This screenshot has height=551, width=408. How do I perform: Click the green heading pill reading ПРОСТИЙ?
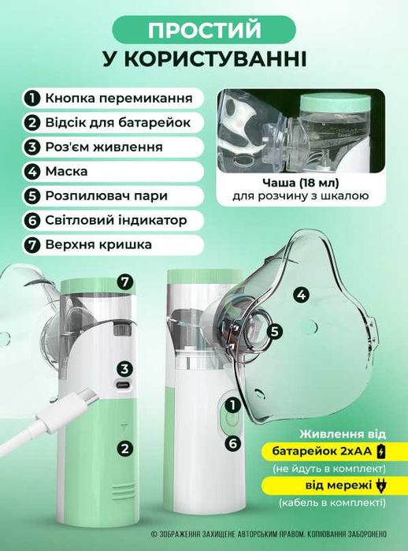tap(204, 29)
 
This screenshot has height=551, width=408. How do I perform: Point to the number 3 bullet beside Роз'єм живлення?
tap(32, 147)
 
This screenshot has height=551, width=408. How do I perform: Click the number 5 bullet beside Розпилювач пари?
tap(32, 196)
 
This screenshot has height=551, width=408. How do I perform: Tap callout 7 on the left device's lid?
tap(124, 281)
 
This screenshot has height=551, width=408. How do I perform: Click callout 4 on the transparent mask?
tap(300, 295)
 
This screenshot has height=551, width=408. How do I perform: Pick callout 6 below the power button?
tap(232, 443)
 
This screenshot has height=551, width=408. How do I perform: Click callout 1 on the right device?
tap(232, 406)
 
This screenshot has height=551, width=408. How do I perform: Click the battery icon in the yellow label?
tap(382, 452)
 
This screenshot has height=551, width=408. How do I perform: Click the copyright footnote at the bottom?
tap(268, 534)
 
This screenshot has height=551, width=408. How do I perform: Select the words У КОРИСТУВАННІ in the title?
tap(204, 61)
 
